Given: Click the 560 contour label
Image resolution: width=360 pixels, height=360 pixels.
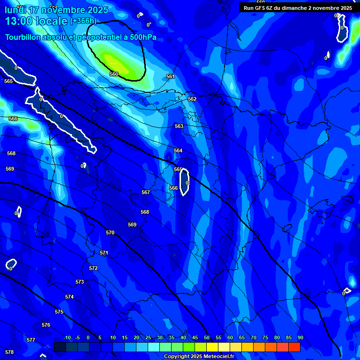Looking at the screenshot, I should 114,74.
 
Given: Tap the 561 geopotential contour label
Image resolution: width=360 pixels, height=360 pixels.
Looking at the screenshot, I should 170,76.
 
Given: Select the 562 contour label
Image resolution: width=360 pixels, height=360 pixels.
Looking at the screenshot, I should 192,99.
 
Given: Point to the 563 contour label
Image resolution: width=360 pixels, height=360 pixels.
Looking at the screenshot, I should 179,126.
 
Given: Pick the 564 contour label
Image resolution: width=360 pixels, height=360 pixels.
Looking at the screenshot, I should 178,150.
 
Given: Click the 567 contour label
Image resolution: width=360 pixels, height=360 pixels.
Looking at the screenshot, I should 146,192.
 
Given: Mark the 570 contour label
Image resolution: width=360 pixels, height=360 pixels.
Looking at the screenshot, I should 110,232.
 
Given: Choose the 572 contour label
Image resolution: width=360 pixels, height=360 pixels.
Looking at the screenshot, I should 93,268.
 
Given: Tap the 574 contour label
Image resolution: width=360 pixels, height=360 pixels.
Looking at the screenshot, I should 69,297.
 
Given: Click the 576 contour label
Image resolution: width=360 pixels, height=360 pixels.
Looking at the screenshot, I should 45,325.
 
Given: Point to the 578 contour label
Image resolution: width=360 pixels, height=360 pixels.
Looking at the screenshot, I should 9,352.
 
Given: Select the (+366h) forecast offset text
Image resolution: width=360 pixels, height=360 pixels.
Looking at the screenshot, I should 83,21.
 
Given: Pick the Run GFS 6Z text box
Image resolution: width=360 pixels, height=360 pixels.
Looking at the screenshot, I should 298,8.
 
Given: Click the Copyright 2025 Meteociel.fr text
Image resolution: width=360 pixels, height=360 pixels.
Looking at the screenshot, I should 199,357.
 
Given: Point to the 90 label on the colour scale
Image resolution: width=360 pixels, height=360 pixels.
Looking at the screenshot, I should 300,337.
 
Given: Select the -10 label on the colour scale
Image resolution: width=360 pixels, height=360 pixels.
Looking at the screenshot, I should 67,337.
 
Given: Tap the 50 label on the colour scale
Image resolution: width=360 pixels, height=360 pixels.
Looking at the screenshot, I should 207,337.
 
